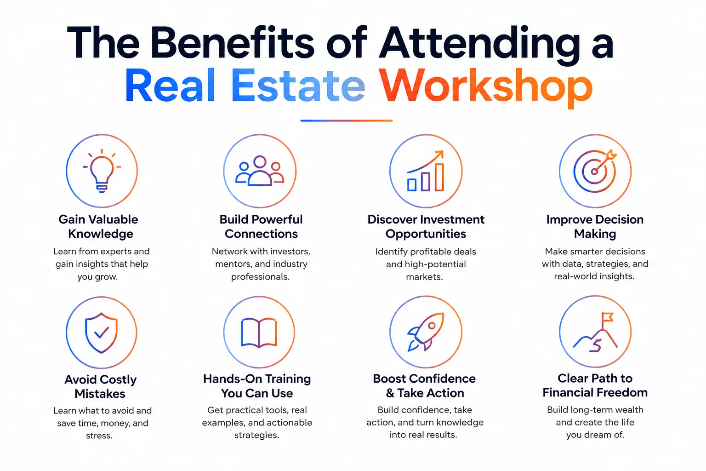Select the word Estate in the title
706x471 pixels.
coord(298,85)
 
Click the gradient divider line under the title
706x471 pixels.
coord(347,121)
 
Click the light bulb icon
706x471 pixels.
coord(102,171)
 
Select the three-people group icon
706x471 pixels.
coord(260,171)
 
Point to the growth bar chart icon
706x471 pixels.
coord(426,171)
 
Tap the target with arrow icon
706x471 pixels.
coord(595,171)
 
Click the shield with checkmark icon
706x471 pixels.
coord(101,333)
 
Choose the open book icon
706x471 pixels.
coord(259,333)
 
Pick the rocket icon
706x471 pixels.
coord(426,332)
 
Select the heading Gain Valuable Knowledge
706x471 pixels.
coord(99,226)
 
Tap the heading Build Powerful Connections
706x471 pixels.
coord(261,226)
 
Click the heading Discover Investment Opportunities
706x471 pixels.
coord(426,226)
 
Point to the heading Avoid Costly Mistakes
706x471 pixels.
coord(100,386)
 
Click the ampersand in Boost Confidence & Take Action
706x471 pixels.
coord(390,393)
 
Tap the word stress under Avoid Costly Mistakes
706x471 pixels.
coord(99,436)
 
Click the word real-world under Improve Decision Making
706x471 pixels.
coord(570,276)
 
